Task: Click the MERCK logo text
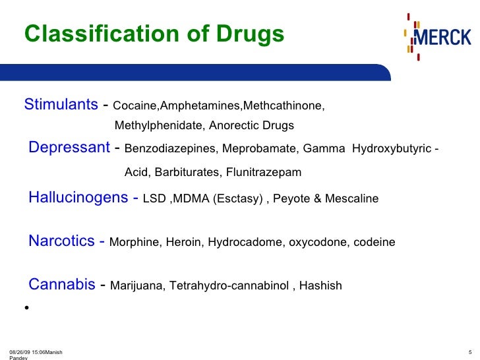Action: [443, 37]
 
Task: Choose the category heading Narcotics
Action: [62, 241]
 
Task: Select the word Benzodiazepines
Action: [168, 148]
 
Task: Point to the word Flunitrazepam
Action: [264, 173]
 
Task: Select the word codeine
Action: [375, 242]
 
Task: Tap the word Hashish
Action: [321, 285]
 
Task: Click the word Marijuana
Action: [136, 285]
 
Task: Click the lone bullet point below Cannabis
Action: [26, 308]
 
